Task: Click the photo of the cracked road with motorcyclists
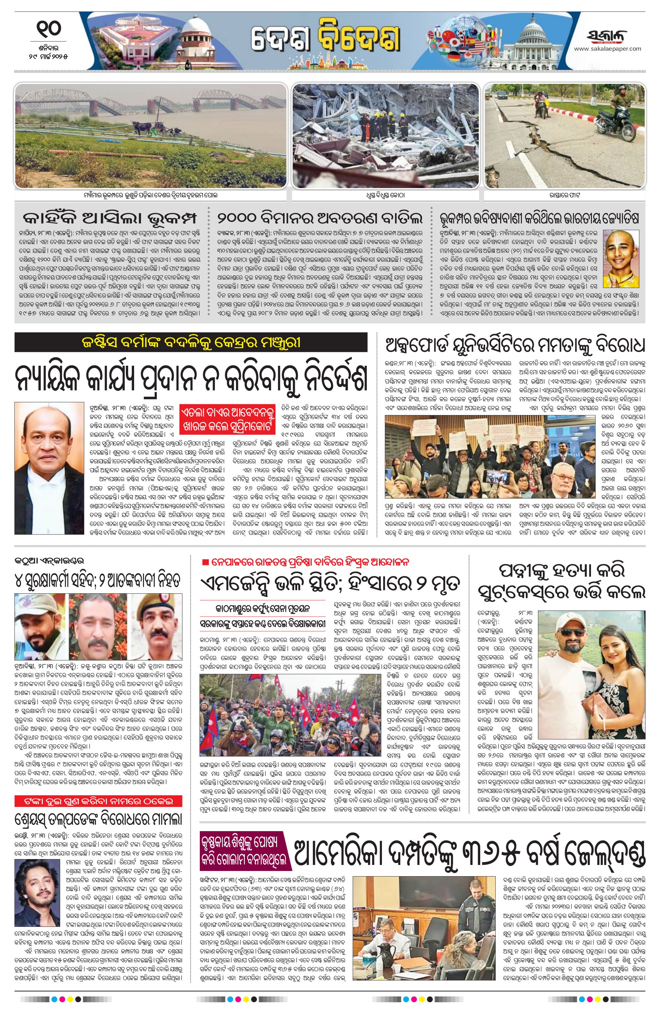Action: tap(565, 135)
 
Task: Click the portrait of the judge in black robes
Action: tap(49, 468)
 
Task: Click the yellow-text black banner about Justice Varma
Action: tap(191, 342)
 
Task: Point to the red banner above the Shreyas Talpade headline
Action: tap(99, 802)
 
